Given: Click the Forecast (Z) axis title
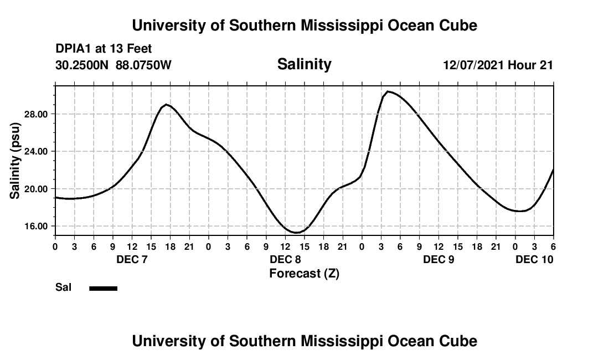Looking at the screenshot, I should tap(304, 273).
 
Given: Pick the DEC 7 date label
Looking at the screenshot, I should tap(132, 259).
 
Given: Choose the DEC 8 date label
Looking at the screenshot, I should tap(285, 259).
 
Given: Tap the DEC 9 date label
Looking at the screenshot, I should tap(438, 259).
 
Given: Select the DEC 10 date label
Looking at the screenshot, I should tap(534, 259).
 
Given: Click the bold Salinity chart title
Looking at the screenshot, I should tap(304, 64).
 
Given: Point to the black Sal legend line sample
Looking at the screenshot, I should tap(103, 288).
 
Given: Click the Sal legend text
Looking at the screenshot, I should tap(63, 287).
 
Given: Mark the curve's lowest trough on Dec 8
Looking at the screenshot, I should tap(296, 233).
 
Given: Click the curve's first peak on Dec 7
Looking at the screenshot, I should tap(166, 104).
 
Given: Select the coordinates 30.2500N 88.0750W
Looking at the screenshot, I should tap(113, 65).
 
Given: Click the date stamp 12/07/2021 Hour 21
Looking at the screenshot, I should tap(498, 65).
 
